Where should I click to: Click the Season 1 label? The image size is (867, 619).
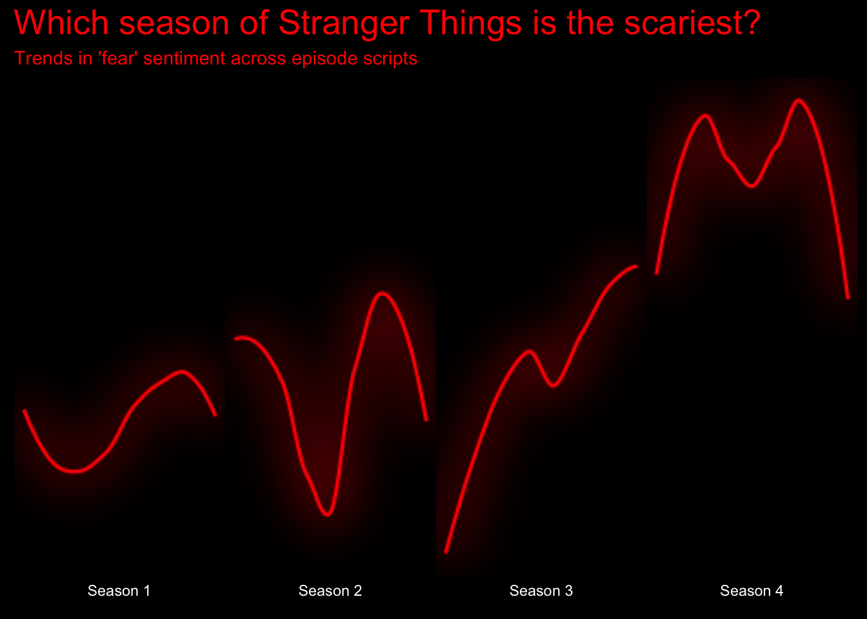pyautogui.click(x=119, y=591)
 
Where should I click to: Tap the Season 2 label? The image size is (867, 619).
pyautogui.click(x=330, y=591)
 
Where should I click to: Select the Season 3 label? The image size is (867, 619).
pyautogui.click(x=541, y=591)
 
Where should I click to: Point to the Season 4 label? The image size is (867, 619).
pyautogui.click(x=752, y=591)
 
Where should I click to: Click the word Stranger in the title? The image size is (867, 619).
pyautogui.click(x=344, y=24)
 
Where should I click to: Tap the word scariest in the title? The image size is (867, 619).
pyautogui.click(x=692, y=23)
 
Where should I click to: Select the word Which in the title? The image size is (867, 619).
pyautogui.click(x=61, y=23)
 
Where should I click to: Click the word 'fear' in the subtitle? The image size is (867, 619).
pyautogui.click(x=118, y=59)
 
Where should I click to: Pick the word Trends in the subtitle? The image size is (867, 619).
pyautogui.click(x=43, y=59)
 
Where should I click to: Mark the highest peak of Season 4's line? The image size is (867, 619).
pyautogui.click(x=799, y=101)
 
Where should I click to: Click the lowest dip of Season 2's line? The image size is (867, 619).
pyautogui.click(x=328, y=515)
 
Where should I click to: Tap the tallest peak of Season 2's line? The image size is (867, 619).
pyautogui.click(x=382, y=293)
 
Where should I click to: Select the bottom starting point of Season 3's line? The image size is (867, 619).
pyautogui.click(x=446, y=552)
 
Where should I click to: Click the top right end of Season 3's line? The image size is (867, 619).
pyautogui.click(x=636, y=266)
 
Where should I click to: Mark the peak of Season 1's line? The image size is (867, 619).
pyautogui.click(x=182, y=372)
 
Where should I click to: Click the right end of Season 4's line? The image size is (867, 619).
pyautogui.click(x=848, y=297)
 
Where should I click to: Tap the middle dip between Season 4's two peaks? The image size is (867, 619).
pyautogui.click(x=752, y=186)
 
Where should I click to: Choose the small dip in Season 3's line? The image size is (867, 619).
pyautogui.click(x=553, y=386)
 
